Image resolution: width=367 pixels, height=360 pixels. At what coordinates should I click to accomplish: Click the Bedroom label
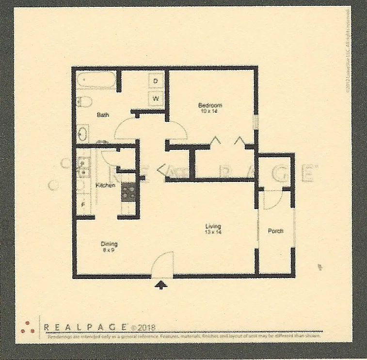(210, 105)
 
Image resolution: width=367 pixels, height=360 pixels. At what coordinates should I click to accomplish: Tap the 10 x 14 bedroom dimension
(210, 111)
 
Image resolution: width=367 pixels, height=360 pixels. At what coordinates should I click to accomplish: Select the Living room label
(213, 226)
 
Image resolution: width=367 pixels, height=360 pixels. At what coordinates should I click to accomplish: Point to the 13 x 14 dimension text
(213, 232)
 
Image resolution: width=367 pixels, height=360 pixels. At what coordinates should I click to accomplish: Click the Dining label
(109, 244)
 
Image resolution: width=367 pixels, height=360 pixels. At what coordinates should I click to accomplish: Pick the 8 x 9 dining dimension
(109, 250)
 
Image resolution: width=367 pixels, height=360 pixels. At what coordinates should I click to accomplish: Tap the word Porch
(275, 231)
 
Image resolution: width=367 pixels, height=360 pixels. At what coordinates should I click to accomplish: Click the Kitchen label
(105, 185)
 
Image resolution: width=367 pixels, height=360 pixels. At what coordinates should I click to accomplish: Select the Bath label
(103, 115)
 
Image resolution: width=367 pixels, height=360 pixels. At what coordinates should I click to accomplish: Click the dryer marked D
(156, 81)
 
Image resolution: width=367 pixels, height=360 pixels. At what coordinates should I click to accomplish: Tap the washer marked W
(156, 98)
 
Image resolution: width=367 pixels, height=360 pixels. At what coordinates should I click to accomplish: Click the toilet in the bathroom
(85, 102)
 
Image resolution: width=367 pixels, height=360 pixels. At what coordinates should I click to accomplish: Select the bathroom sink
(83, 132)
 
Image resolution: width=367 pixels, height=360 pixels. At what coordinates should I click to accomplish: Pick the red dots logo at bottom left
(27, 327)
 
